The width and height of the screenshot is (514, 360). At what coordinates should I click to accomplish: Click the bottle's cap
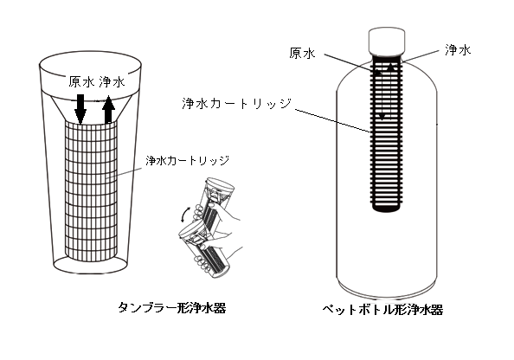[387, 41]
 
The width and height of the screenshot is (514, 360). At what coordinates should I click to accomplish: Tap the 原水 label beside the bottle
[302, 53]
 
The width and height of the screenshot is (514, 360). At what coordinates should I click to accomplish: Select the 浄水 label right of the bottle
[458, 50]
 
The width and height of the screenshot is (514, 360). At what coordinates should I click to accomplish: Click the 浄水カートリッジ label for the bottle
[237, 103]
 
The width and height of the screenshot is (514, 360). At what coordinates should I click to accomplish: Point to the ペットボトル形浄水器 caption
[382, 310]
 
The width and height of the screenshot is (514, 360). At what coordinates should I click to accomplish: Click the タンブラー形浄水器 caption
[172, 308]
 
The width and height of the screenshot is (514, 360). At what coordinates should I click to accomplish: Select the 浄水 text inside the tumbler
[112, 81]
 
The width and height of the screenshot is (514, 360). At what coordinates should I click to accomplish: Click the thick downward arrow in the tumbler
[80, 110]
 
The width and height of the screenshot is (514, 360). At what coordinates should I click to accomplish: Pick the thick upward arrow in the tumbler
[108, 110]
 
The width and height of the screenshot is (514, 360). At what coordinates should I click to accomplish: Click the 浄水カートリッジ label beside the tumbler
[187, 161]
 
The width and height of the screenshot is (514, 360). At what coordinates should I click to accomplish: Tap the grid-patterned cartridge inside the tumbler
[91, 192]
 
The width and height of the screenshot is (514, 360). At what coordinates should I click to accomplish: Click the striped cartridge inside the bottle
[387, 132]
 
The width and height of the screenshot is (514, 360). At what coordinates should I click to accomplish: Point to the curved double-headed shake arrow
[184, 214]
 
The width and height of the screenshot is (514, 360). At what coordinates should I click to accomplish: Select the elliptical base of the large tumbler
[91, 265]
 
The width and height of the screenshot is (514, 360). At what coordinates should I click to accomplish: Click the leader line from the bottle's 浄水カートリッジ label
[333, 120]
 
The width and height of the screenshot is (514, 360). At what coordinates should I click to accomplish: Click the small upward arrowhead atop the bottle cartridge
[390, 67]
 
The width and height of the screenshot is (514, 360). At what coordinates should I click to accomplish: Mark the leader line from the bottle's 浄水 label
[421, 56]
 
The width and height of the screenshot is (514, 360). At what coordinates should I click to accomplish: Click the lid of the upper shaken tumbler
[220, 183]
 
